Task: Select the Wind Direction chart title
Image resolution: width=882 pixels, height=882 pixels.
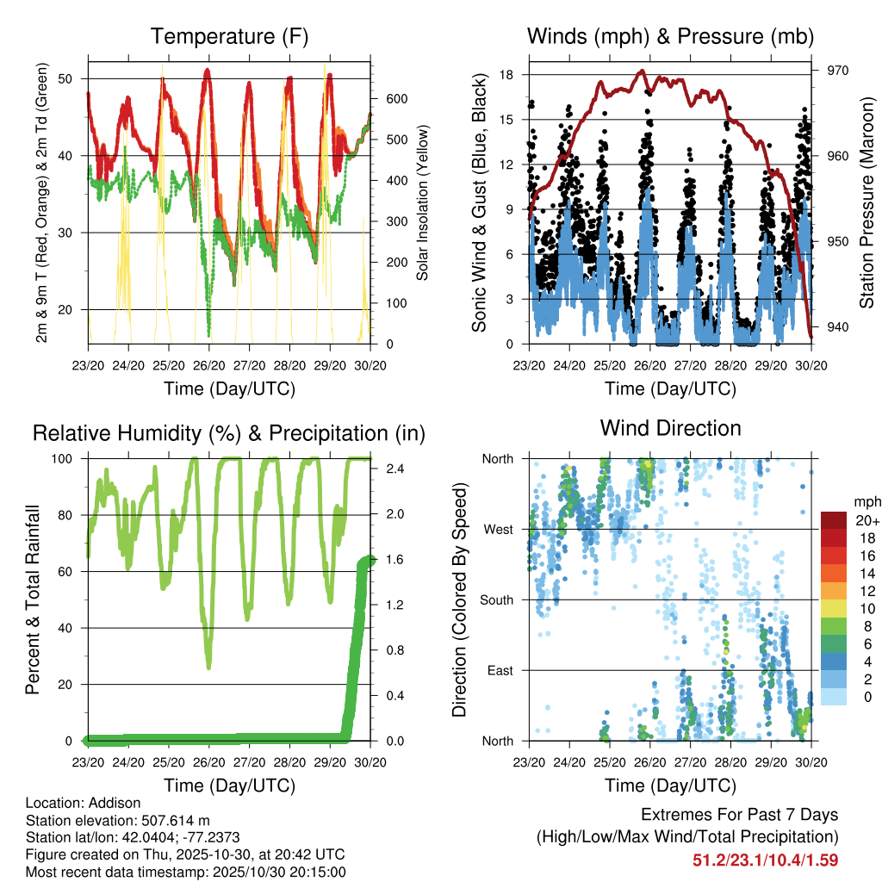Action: (670, 428)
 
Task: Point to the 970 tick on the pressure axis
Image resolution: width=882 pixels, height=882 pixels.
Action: (838, 71)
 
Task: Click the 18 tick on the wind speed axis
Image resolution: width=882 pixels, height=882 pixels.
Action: (507, 75)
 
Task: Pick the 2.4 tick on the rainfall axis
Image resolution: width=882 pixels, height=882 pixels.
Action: (392, 469)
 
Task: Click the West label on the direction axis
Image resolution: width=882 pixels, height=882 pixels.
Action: (499, 529)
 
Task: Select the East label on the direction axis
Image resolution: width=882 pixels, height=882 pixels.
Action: (500, 670)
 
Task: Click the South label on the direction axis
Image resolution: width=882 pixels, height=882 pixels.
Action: (497, 599)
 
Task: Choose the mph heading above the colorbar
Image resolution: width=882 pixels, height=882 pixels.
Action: (865, 501)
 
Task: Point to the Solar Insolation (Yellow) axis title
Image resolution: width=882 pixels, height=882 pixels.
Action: (423, 203)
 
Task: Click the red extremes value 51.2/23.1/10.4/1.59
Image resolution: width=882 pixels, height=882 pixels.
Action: (765, 860)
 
